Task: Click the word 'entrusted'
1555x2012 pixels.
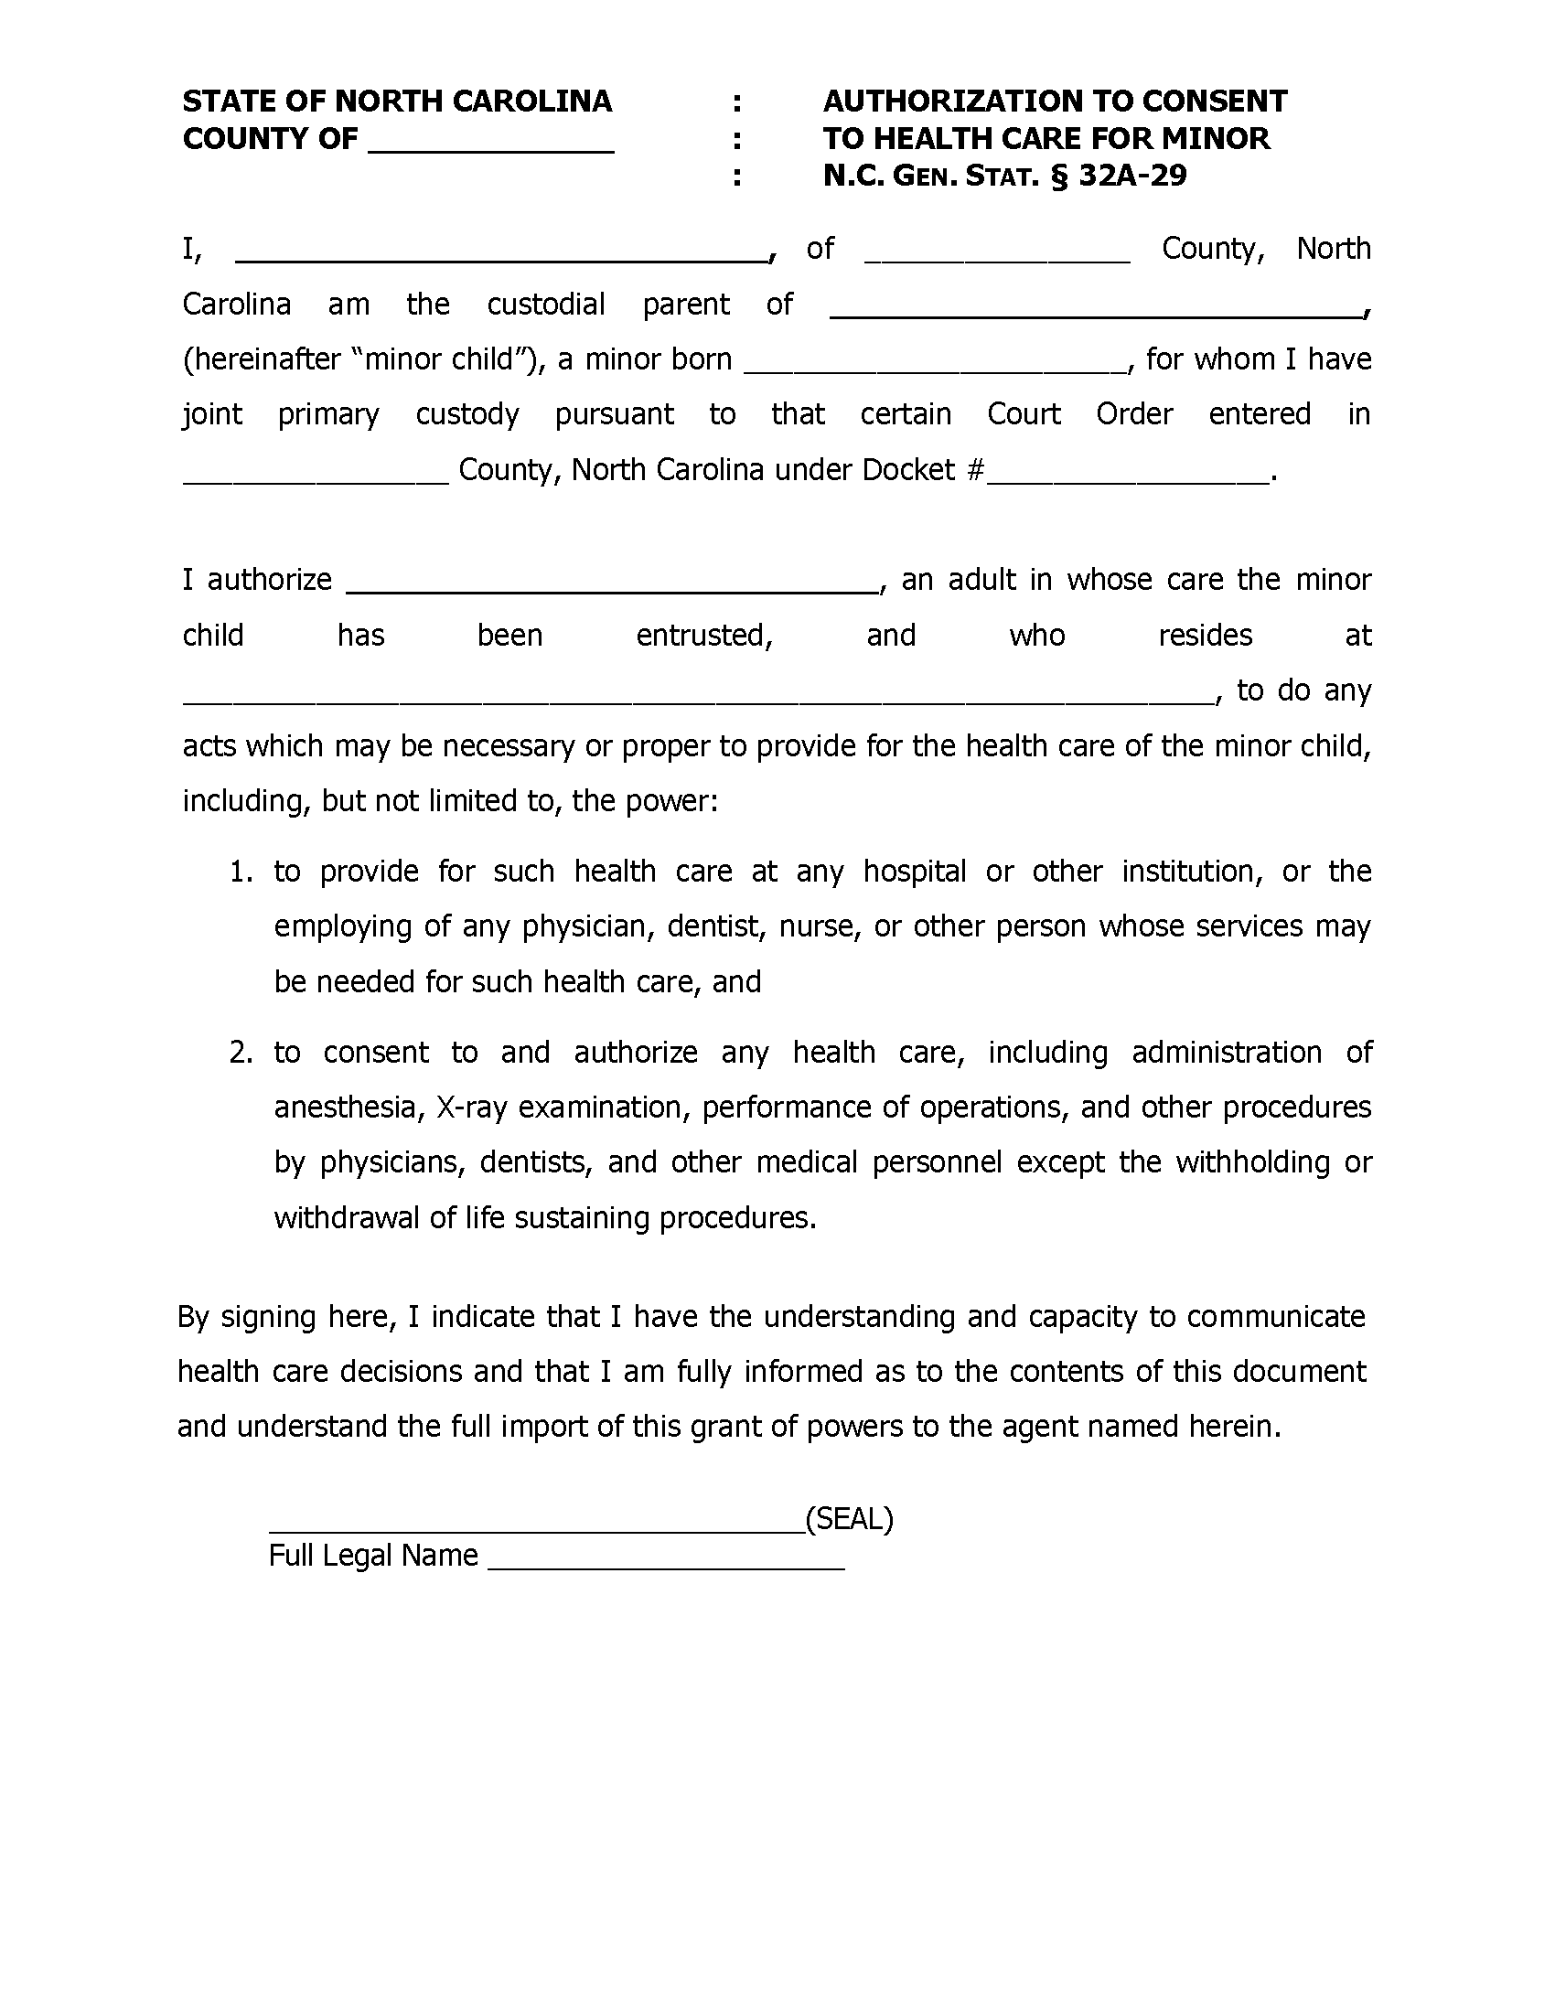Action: [x=702, y=636]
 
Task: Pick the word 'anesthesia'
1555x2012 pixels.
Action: [x=349, y=1108]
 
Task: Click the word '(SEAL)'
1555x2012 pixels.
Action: [x=850, y=1518]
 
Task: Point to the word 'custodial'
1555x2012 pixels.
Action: [x=545, y=305]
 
